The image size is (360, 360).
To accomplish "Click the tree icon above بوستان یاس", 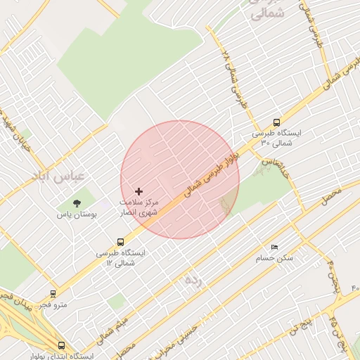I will click(x=77, y=203).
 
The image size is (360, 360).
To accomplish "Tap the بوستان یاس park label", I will click(x=77, y=214).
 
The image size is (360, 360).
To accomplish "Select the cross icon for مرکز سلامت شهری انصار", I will click(x=139, y=191).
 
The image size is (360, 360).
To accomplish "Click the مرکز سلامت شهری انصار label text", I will click(x=139, y=207).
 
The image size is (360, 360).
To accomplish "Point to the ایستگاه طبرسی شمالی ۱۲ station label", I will click(x=120, y=257).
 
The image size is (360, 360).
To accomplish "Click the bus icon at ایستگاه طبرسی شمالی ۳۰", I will click(x=277, y=121).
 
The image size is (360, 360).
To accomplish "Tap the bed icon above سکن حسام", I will click(x=274, y=247).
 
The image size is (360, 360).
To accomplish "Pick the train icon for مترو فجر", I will click(x=53, y=294).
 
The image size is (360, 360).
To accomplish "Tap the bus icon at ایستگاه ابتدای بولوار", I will click(x=62, y=345).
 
